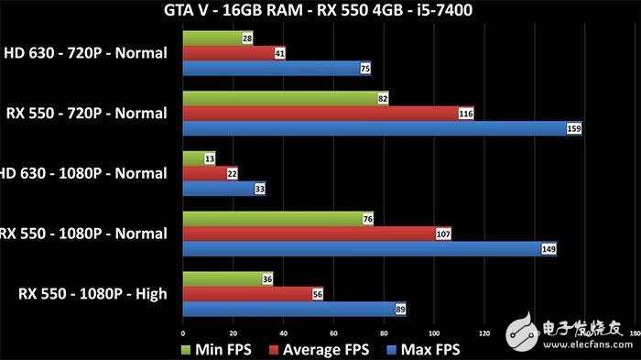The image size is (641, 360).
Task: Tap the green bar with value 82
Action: tap(284, 98)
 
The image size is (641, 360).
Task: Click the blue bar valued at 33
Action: tap(223, 188)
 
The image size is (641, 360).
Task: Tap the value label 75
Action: tap(364, 68)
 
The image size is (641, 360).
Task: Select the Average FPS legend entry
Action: tap(320, 349)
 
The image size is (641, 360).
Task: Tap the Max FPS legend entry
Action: tap(424, 349)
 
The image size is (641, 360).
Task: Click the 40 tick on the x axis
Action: tap(283, 333)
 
